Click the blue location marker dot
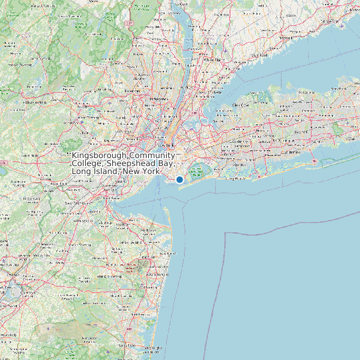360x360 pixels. [179, 179]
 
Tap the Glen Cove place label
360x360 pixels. [241, 105]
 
